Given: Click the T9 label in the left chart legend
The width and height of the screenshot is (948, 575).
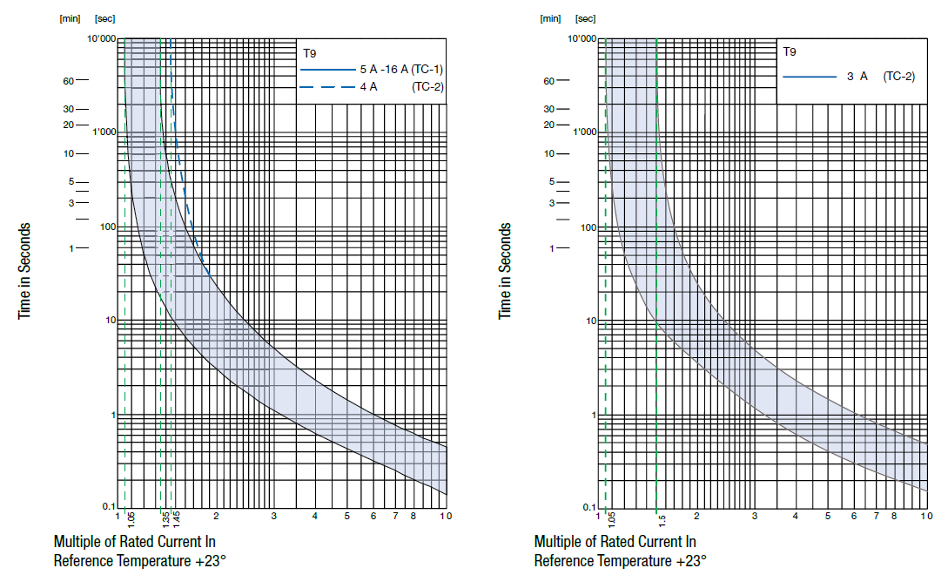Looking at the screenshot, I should pos(309,52).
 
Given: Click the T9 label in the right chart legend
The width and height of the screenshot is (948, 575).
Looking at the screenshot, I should pos(789,52).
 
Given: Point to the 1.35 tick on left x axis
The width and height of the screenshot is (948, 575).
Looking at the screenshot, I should pos(165,519).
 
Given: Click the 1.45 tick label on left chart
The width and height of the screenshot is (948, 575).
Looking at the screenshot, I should pos(176,519).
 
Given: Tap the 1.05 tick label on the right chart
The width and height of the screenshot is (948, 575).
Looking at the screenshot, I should pos(611,520).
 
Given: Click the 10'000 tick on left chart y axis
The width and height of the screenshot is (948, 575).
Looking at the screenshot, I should pos(101,38).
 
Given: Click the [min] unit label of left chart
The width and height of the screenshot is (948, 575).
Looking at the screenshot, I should pos(69,17).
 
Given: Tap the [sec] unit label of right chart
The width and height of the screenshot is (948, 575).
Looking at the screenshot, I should pos(586,17).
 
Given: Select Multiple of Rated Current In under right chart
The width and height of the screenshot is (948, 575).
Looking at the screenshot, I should pos(615,542).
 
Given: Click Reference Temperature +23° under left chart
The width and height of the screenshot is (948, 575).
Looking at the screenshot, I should pos(139,560).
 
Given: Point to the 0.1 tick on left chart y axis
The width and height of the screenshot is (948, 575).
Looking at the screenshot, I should pos(109,507).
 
